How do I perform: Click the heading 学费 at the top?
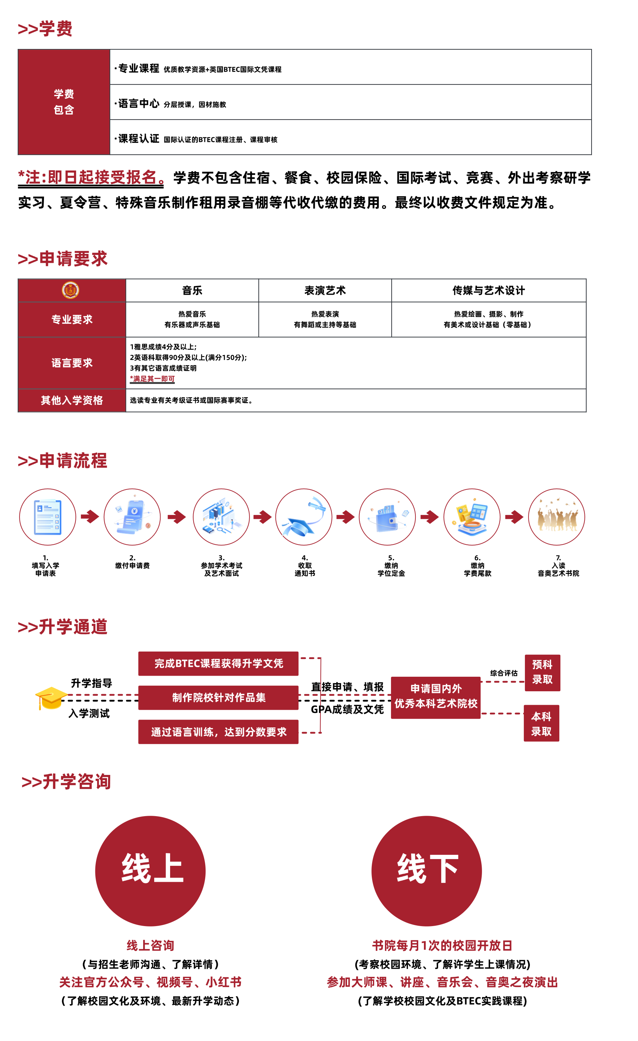[45, 29]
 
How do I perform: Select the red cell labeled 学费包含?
[64, 102]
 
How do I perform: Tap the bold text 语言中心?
[139, 104]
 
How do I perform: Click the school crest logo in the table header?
[71, 290]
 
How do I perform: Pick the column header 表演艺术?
[325, 291]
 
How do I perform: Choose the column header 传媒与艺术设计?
[488, 291]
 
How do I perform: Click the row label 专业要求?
[72, 320]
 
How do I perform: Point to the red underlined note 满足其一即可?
[152, 379]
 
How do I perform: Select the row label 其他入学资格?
[72, 400]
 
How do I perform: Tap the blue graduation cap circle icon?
[304, 517]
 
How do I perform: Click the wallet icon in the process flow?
[387, 517]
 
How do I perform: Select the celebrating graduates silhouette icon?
[556, 517]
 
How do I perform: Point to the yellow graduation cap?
[51, 698]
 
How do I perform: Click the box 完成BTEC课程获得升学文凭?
[218, 663]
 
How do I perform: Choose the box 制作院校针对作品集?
[218, 698]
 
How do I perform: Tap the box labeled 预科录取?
[542, 672]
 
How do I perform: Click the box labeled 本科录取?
[541, 723]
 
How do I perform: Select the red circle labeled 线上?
[150, 871]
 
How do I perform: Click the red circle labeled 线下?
[426, 871]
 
